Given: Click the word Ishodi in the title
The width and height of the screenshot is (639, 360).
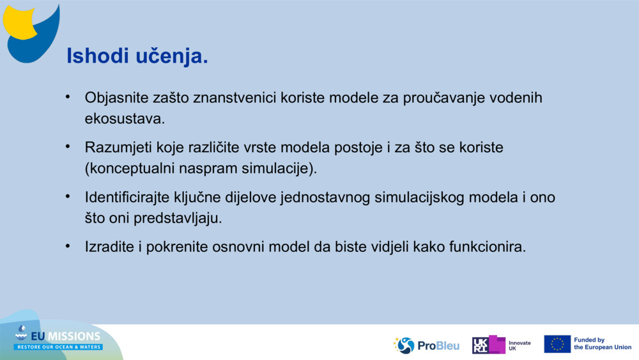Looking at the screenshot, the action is click(x=98, y=56).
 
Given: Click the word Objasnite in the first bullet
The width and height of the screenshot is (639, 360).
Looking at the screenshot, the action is click(x=116, y=98).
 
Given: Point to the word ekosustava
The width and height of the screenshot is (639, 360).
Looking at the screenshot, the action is click(x=125, y=119).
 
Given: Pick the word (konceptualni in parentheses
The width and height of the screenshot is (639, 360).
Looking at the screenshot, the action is click(x=130, y=168).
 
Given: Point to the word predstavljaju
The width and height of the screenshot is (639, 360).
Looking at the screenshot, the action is click(x=178, y=218).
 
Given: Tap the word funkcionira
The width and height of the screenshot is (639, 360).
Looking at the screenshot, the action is click(x=488, y=247).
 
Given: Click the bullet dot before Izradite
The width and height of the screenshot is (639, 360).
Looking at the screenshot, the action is click(x=68, y=246).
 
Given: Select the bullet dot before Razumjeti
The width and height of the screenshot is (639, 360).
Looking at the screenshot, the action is click(x=68, y=146).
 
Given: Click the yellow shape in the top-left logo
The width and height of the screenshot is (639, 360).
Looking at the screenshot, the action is click(x=19, y=22).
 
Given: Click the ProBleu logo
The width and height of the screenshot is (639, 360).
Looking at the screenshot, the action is click(x=426, y=345).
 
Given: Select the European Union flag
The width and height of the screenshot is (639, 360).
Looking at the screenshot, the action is click(x=557, y=344).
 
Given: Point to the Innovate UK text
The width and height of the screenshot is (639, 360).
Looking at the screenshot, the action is click(x=520, y=346).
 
